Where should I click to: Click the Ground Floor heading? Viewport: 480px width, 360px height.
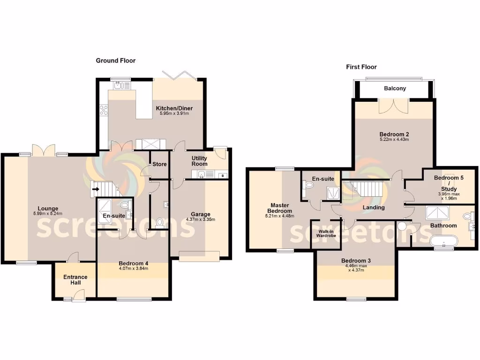click(116, 60)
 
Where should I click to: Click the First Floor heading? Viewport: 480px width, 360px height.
click(361, 67)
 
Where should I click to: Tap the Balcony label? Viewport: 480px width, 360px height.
click(395, 89)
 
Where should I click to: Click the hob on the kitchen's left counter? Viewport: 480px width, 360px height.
click(104, 110)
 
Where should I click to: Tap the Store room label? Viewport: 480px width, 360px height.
click(159, 165)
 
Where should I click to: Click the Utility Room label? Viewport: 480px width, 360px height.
click(199, 161)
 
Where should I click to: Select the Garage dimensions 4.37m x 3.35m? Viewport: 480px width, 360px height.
click(200, 219)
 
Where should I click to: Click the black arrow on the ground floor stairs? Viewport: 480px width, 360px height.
click(96, 190)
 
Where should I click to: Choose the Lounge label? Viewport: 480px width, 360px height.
click(48, 209)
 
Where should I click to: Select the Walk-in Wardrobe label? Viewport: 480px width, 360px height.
click(327, 232)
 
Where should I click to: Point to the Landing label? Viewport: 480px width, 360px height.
click(374, 208)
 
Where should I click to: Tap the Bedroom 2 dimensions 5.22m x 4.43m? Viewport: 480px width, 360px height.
click(394, 139)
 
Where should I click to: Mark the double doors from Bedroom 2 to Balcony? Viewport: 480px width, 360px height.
click(393, 106)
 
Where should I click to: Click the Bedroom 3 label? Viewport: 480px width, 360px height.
click(356, 261)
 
